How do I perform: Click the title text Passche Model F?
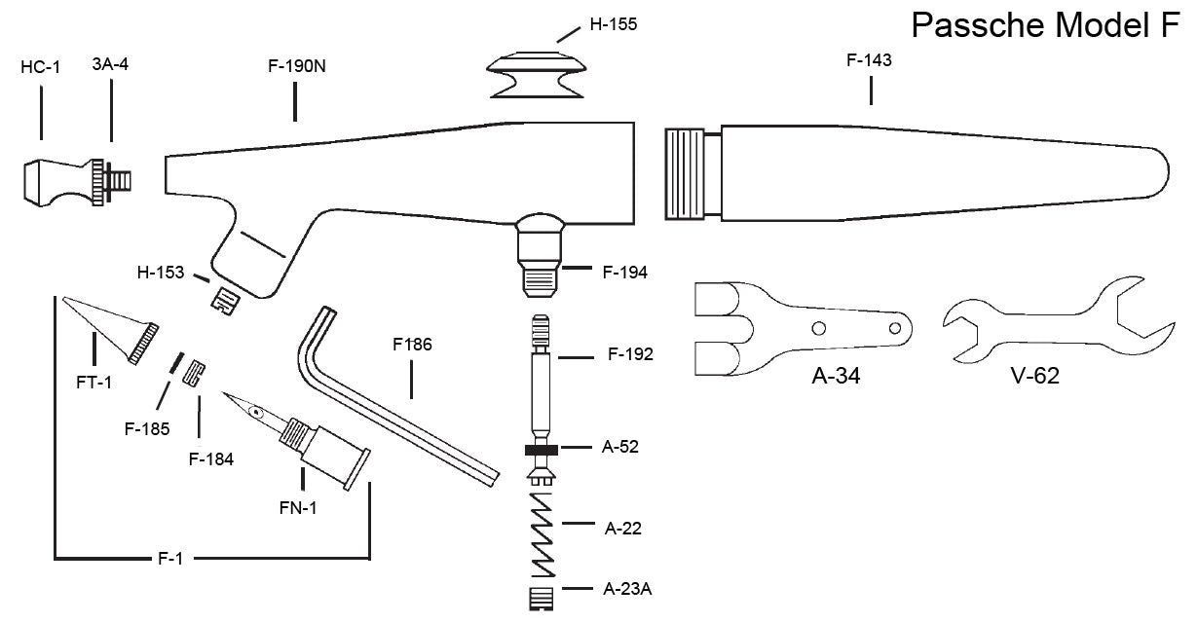[1044, 25]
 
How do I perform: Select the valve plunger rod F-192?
[540, 380]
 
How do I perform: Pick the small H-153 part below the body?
[226, 298]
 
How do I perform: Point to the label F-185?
[147, 426]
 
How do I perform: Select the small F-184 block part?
[195, 372]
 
